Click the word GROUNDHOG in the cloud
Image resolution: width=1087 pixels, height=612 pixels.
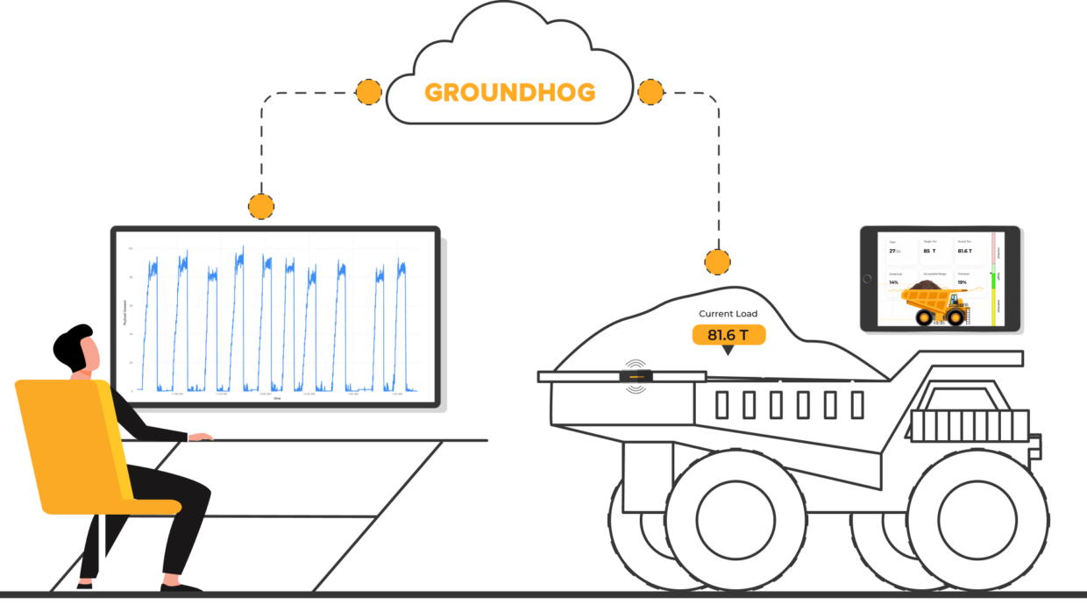tap(509, 92)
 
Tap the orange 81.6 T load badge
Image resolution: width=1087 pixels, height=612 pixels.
tap(728, 334)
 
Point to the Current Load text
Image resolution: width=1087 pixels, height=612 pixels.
tap(728, 314)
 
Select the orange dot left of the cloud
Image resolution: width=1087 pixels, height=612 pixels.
tap(369, 92)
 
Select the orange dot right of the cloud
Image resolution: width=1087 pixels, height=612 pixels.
tap(650, 92)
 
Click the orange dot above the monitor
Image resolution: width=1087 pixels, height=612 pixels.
tap(260, 206)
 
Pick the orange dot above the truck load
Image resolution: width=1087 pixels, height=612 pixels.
tap(717, 260)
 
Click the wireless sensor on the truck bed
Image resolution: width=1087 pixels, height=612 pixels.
tap(636, 376)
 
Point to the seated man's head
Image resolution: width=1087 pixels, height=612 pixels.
tap(77, 351)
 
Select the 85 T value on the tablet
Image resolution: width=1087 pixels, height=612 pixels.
tap(929, 251)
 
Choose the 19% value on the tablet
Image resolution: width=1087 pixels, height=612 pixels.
tap(963, 281)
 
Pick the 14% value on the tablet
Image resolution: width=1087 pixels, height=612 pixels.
tap(894, 282)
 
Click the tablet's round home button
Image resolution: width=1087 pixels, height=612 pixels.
tap(869, 279)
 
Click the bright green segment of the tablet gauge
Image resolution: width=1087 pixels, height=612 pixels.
tap(992, 281)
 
